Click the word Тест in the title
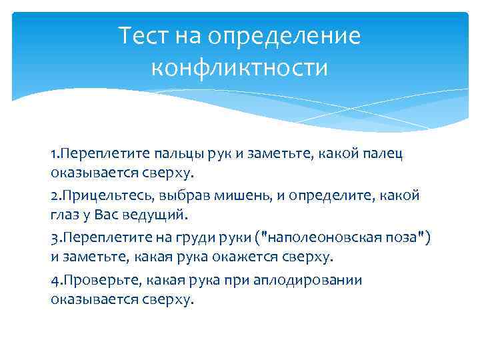pos(144,35)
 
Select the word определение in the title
pos(285,35)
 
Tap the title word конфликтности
pos(239,68)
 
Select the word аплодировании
pos(315,279)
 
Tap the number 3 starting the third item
pos(53,237)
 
